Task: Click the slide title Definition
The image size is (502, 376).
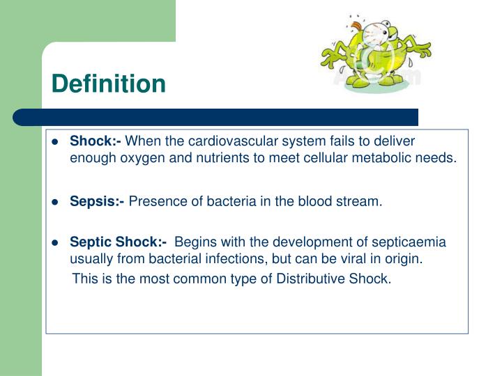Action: click(x=108, y=84)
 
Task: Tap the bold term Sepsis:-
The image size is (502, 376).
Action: click(x=97, y=202)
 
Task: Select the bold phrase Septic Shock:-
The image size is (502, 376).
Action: click(x=118, y=242)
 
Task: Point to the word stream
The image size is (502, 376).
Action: click(x=363, y=202)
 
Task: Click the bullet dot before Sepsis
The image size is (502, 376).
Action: click(x=55, y=203)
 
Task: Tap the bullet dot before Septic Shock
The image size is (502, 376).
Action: click(x=55, y=243)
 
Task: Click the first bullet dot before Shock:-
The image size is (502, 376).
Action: click(x=55, y=142)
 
